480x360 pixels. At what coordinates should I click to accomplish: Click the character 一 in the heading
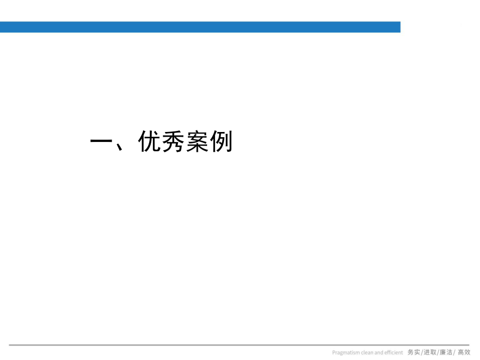102,141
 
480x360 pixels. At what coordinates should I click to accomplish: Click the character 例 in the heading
221,141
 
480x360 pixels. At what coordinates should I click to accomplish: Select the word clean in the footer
368,353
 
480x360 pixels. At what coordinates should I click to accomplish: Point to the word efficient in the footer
394,353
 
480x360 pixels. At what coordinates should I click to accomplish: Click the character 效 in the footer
467,353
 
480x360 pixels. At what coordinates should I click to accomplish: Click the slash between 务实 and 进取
422,353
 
